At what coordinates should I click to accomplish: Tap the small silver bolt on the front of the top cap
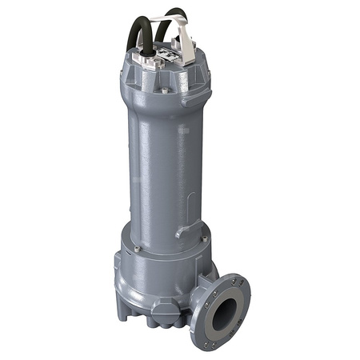point(165,91)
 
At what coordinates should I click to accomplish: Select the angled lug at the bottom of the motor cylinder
point(185,231)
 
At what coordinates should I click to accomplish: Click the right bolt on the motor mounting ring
point(205,238)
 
